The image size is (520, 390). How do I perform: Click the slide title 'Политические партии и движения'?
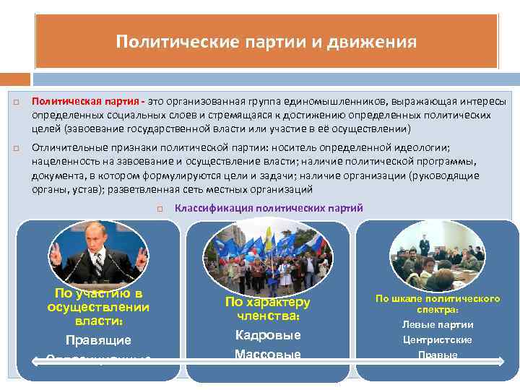click(266, 42)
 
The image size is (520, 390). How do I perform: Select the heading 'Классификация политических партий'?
click(269, 208)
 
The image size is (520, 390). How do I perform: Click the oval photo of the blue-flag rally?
click(268, 256)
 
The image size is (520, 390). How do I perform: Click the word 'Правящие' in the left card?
click(98, 339)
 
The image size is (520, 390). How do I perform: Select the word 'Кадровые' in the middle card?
click(268, 335)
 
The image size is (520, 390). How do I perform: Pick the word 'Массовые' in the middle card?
click(268, 355)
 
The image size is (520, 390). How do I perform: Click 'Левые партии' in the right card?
click(438, 324)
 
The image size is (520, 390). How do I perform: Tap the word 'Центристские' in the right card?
click(438, 339)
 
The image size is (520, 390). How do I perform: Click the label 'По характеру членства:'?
click(268, 309)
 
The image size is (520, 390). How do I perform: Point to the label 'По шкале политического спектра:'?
click(438, 303)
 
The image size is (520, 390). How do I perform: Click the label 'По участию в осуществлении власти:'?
click(98, 307)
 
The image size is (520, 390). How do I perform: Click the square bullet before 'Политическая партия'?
click(15, 103)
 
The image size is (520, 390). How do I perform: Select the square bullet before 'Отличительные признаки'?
click(15, 147)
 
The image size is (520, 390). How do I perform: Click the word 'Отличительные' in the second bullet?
click(66, 147)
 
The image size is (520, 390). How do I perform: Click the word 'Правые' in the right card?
click(438, 355)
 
